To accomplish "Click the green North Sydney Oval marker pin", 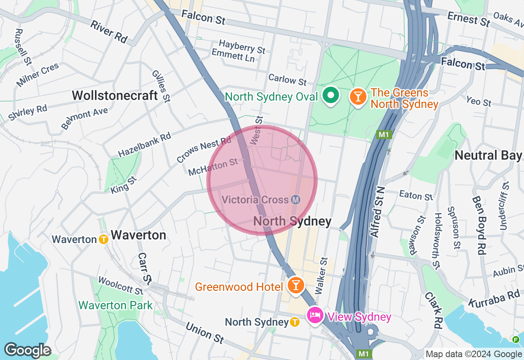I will pos(331,96).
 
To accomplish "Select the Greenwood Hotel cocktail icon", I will pos(295,285).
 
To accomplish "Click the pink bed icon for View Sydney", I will pos(315,315).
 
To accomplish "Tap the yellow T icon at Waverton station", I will pos(104,239).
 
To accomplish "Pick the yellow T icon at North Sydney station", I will pos(294,322).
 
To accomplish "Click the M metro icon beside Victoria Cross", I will pos(296,200).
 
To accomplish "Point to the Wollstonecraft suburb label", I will pos(115,96).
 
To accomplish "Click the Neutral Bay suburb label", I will pos(488,155).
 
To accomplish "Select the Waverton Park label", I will pos(115,305).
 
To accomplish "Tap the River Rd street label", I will pos(109,32).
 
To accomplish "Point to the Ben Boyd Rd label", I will pos(478,225).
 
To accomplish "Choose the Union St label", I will pos(205,333).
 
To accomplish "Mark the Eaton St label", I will pos(416,195).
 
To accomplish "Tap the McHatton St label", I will pos(213,167).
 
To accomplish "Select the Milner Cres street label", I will pos(38,75).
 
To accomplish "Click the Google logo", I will pos(27,351).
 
